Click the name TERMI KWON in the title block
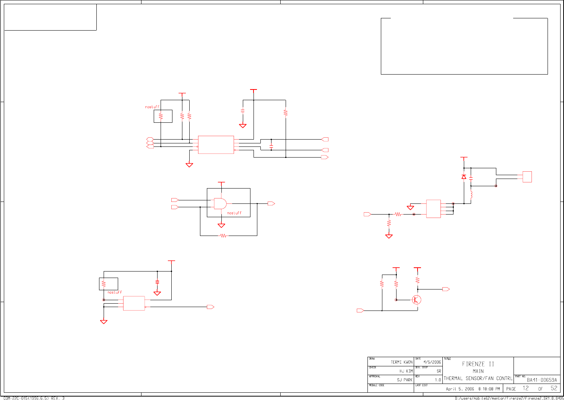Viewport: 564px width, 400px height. [x=401, y=362]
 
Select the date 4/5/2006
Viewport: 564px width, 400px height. [x=432, y=362]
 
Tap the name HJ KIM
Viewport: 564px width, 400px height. [x=406, y=371]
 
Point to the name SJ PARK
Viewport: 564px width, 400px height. [x=405, y=380]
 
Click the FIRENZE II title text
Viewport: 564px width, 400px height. [x=478, y=364]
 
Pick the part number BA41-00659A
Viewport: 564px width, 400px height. [x=542, y=380]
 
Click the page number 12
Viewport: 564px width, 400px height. [x=526, y=388]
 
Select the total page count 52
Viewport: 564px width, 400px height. [x=554, y=388]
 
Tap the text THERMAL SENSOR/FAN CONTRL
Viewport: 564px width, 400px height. [x=478, y=379]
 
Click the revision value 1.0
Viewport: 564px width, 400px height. [x=438, y=380]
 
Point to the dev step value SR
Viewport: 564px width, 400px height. [x=439, y=371]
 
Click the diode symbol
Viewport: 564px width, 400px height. [x=464, y=177]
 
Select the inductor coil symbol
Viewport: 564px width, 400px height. [x=471, y=195]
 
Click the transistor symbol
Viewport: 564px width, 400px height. [x=417, y=300]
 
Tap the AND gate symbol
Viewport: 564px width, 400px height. [x=220, y=203]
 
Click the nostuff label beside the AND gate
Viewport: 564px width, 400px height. [x=234, y=213]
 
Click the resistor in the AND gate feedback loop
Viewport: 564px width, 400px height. [x=223, y=236]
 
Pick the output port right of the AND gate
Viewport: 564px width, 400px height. [x=271, y=203]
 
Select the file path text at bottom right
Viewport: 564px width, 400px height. [x=509, y=398]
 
